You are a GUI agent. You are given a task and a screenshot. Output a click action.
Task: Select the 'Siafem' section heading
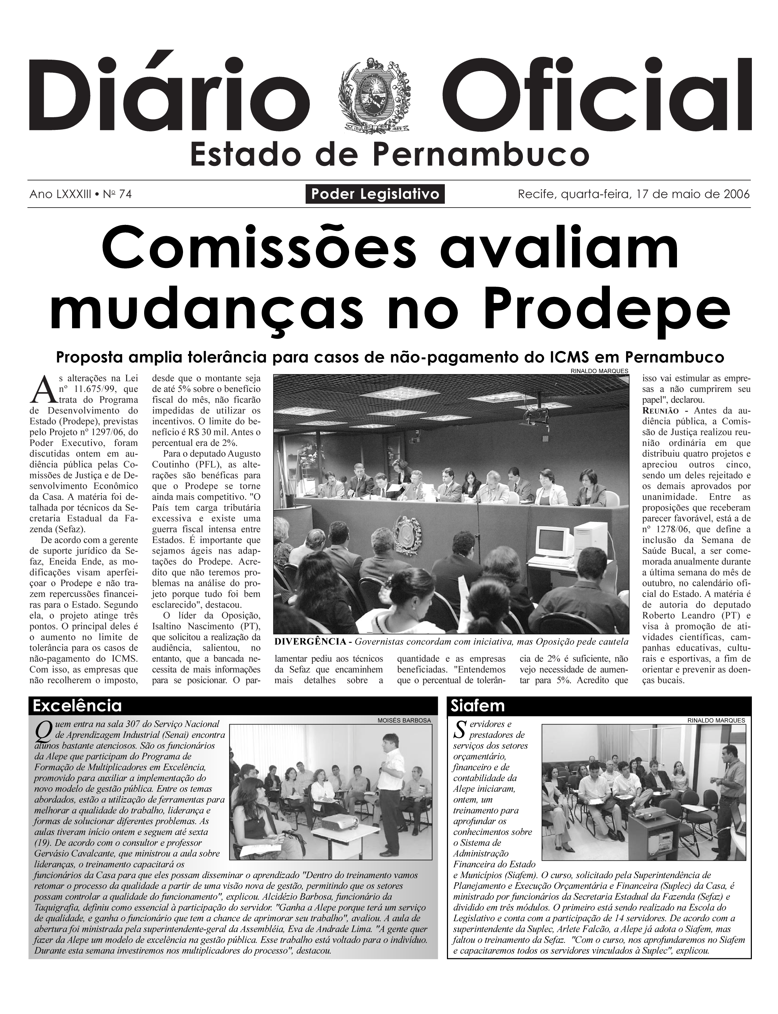[x=477, y=706]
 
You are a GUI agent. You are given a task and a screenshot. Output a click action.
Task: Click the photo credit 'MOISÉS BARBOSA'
[x=404, y=721]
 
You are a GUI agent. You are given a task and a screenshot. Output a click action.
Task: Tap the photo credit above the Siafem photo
[x=716, y=721]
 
